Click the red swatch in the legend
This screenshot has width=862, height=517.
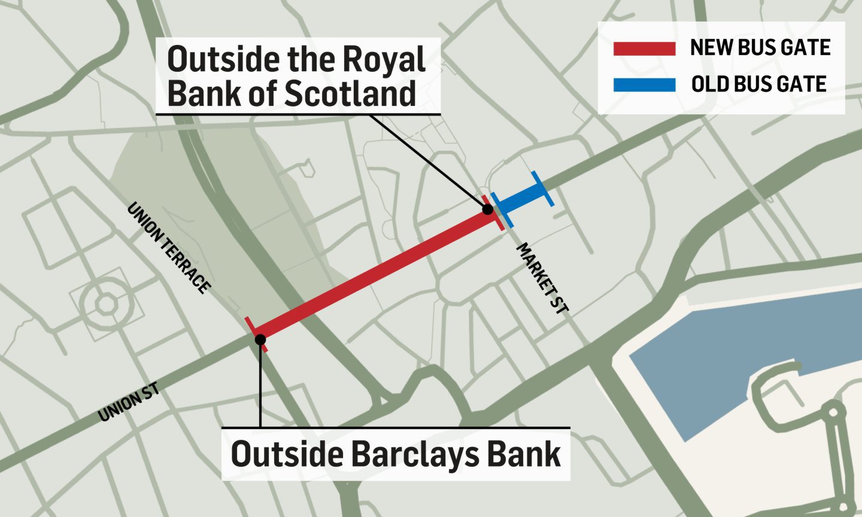pos(644,48)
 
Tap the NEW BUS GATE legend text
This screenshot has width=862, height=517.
pos(760,48)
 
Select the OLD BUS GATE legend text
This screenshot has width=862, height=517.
pos(758,84)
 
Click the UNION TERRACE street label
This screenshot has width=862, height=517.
pos(169,248)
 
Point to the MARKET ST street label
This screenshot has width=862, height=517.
pos(542,278)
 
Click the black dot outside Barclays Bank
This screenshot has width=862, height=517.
pos(260,339)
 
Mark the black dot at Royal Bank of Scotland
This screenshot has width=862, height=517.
pos(487,209)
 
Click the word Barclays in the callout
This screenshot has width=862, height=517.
pos(413,454)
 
